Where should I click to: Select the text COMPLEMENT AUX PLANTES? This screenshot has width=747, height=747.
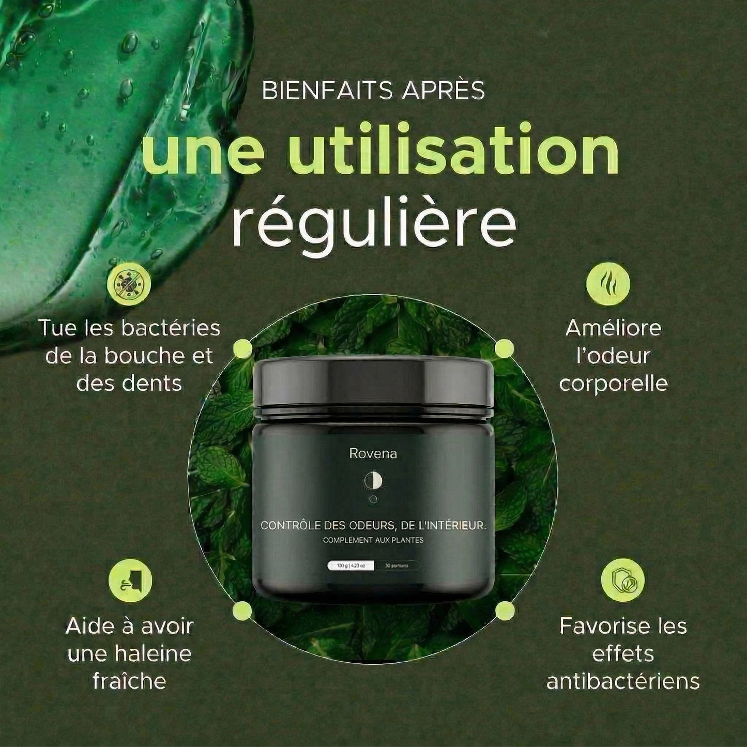373,540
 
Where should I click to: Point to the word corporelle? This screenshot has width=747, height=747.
613,384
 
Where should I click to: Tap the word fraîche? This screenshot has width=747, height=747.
129,681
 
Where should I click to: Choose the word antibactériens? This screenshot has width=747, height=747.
623,681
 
